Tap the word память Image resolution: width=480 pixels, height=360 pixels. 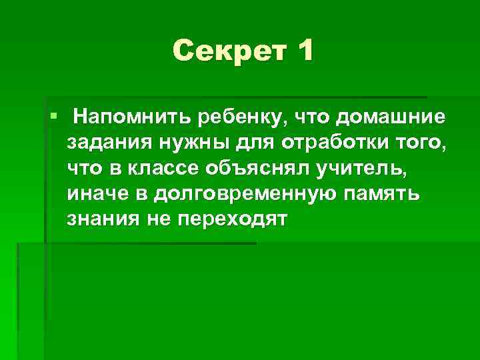(x=389, y=194)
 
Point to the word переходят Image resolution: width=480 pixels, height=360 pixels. (x=231, y=219)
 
